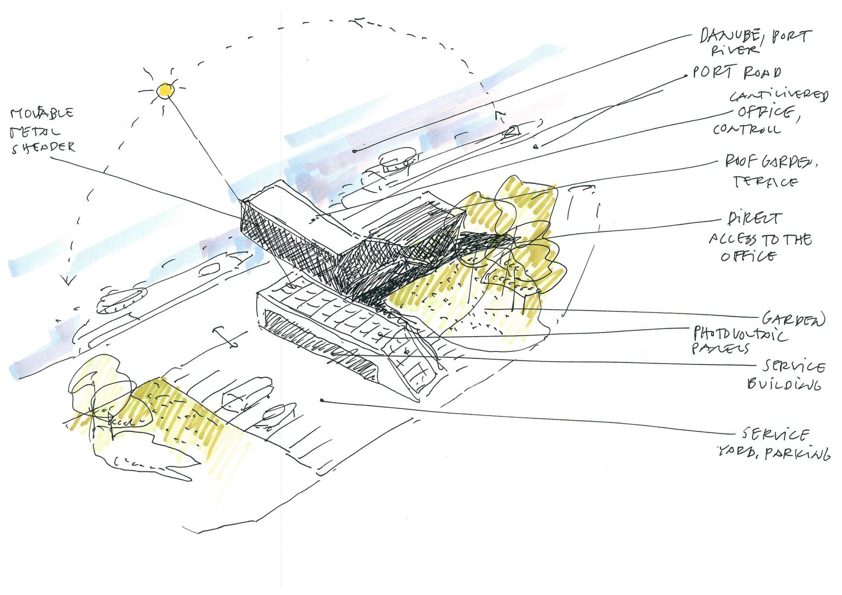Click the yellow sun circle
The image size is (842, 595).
tap(164, 90)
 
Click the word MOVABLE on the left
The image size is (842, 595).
tap(42, 113)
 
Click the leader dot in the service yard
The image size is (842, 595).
tap(322, 400)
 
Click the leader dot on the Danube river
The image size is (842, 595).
tap(355, 151)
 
